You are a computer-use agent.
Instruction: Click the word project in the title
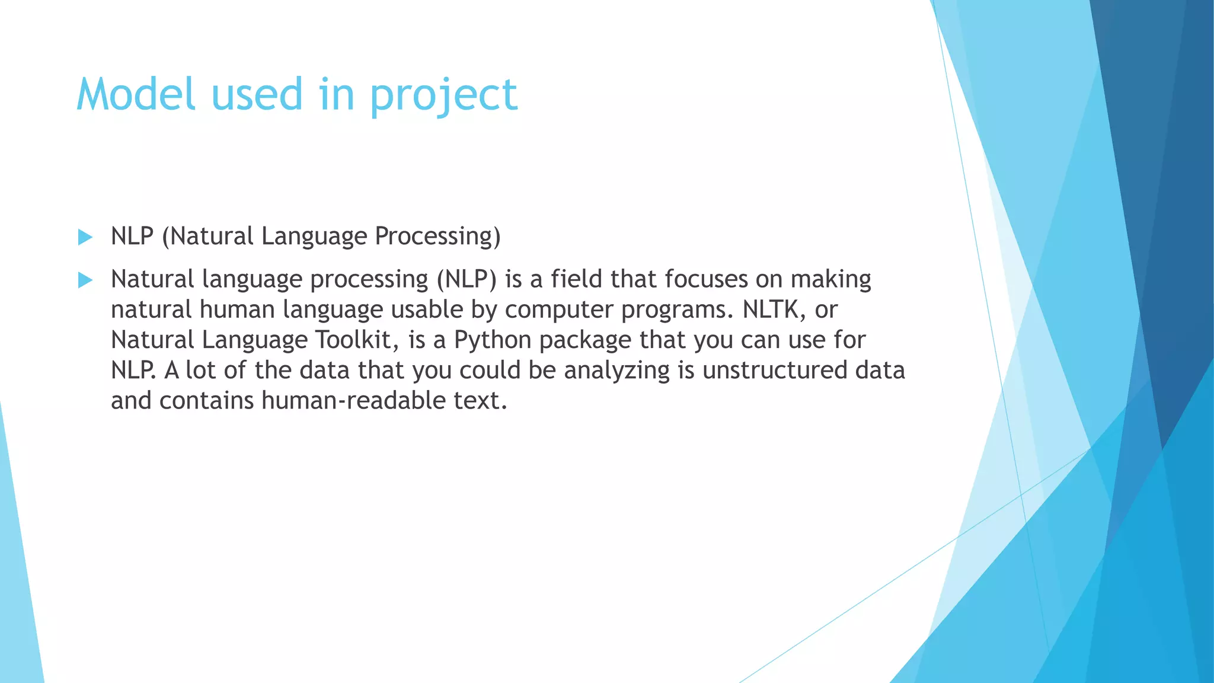pos(443,96)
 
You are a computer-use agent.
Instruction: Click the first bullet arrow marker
pos(85,237)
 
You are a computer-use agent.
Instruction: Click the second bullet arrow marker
pos(85,280)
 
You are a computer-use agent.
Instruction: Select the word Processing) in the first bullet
pos(437,237)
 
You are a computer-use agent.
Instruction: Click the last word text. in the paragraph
pos(480,401)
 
